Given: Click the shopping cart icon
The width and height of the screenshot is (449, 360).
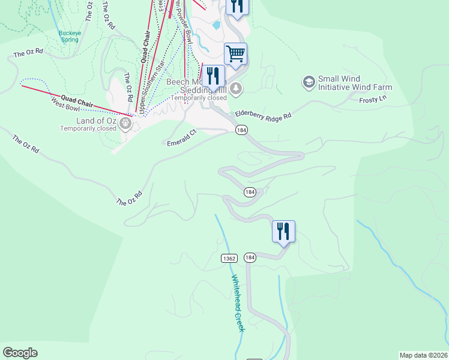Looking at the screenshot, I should click(x=236, y=53).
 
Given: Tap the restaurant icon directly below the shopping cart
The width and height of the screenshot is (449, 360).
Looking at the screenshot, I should click(x=212, y=76).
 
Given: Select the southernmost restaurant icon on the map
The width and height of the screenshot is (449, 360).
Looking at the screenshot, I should click(x=283, y=230).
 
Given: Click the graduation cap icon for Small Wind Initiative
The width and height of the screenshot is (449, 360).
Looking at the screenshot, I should click(x=309, y=81).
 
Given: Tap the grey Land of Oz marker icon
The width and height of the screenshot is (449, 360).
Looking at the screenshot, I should click(x=125, y=123).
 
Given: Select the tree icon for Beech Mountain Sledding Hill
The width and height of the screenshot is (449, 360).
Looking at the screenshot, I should click(x=237, y=88).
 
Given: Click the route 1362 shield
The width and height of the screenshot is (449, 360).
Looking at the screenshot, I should click(x=229, y=258).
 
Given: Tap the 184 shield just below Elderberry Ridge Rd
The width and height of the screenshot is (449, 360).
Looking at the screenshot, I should click(x=241, y=130).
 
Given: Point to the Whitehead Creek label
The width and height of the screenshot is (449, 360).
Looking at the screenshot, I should click(x=238, y=303).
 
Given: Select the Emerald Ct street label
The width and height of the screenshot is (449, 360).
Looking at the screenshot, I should click(x=182, y=138).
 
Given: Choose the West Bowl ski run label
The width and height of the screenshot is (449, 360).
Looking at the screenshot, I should click(x=65, y=106).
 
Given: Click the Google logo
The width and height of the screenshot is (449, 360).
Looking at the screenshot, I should click(x=20, y=353).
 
